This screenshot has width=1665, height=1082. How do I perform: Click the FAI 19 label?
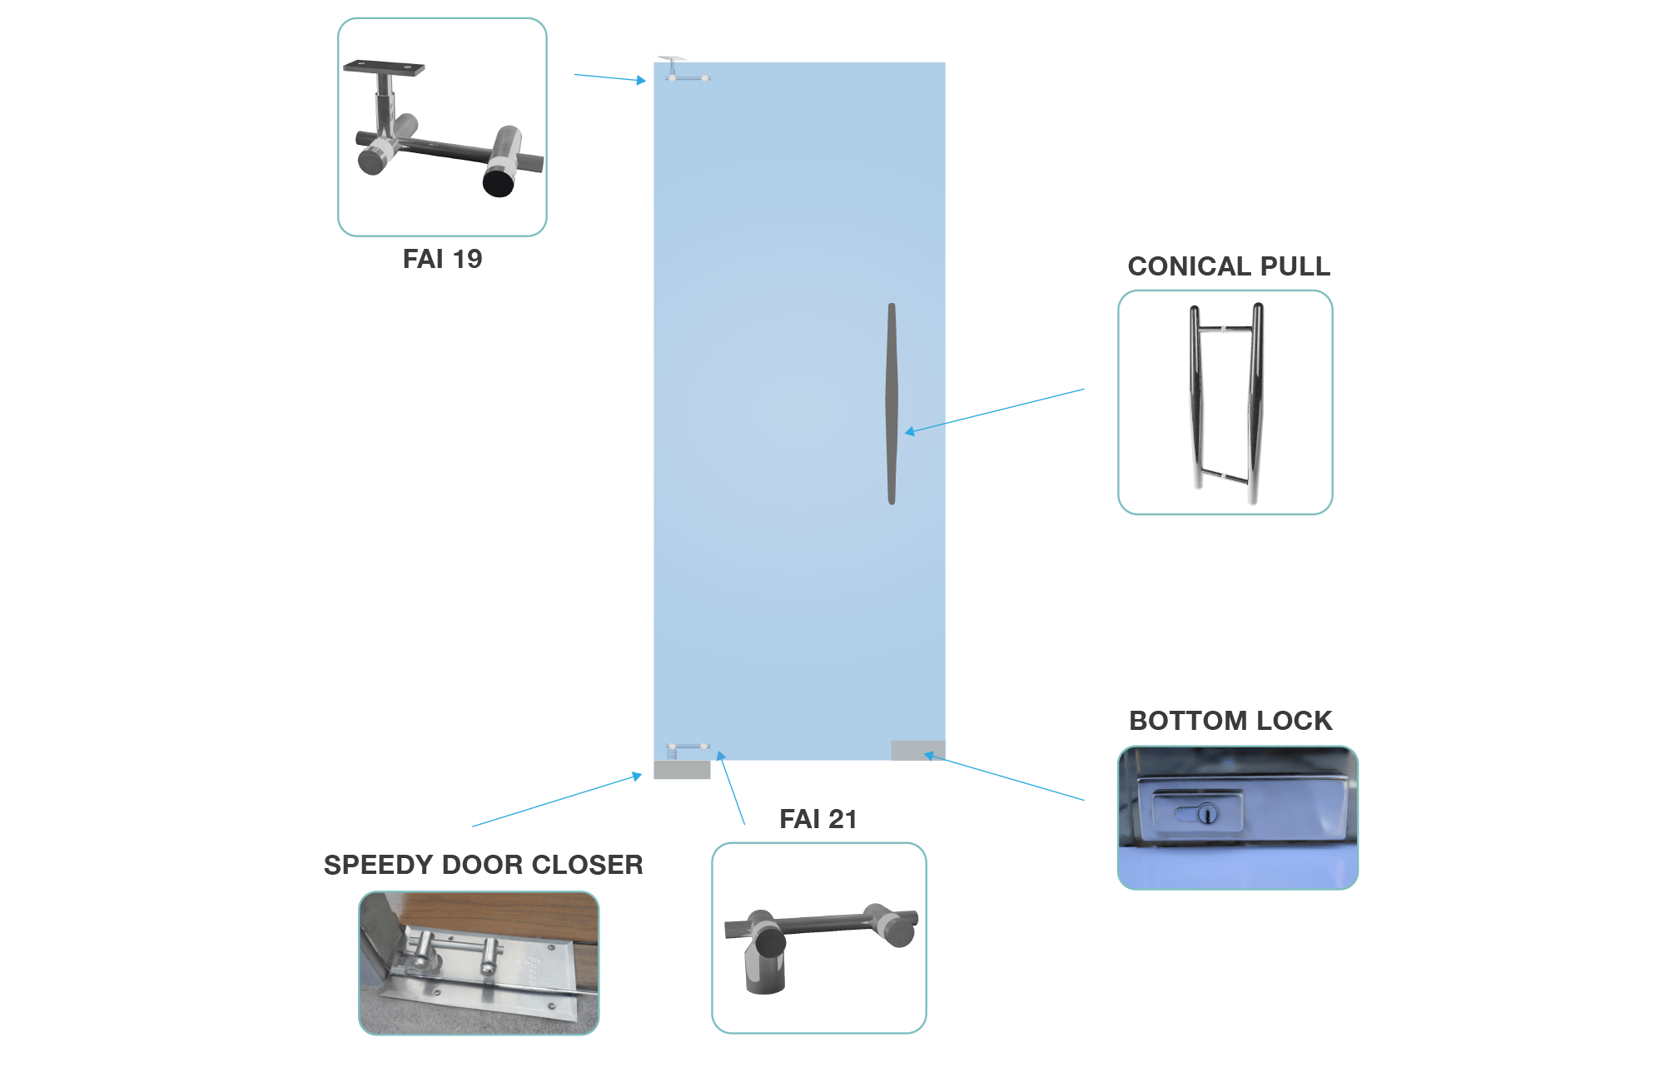click(x=442, y=259)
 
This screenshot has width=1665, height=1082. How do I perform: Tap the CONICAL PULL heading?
click(x=1229, y=266)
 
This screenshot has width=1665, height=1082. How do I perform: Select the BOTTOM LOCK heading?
click(x=1230, y=721)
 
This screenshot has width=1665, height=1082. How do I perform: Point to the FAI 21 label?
click(x=818, y=819)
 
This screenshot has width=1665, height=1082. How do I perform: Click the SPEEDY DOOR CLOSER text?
click(x=483, y=865)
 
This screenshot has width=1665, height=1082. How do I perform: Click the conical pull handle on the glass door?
click(x=892, y=404)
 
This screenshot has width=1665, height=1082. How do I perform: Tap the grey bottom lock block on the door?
click(x=918, y=750)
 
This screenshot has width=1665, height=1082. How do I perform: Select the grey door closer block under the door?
click(x=682, y=770)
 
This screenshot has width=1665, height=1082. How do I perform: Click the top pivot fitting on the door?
click(x=684, y=69)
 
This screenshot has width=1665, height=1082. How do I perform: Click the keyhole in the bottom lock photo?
click(x=1207, y=813)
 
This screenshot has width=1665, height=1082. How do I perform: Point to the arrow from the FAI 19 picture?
click(x=610, y=78)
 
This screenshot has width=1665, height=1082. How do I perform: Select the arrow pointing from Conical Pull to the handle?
click(x=995, y=411)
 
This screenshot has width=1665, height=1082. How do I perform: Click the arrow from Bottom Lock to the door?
click(x=1004, y=777)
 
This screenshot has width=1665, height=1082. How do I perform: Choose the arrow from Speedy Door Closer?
click(x=557, y=800)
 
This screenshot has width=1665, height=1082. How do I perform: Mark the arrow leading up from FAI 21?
click(x=731, y=787)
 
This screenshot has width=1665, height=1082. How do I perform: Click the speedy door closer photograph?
click(x=479, y=963)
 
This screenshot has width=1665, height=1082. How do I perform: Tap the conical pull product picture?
click(x=1225, y=403)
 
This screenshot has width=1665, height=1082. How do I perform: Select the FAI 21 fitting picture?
click(x=819, y=938)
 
